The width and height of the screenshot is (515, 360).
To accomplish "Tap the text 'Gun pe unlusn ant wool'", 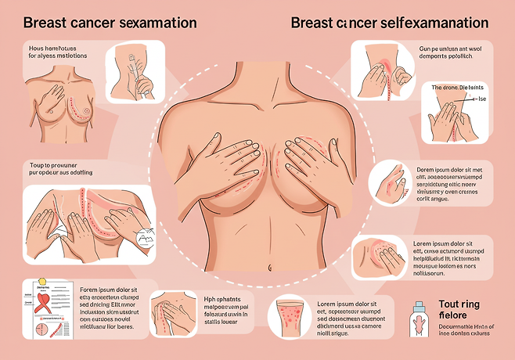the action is tap(453, 49).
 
